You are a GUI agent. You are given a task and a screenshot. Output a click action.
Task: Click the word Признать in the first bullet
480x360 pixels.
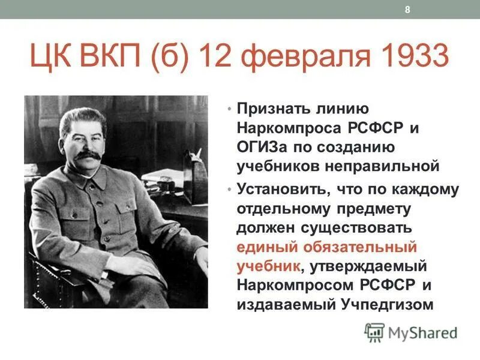tap(272, 109)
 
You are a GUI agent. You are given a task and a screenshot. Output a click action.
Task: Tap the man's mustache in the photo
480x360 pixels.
tap(88, 155)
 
